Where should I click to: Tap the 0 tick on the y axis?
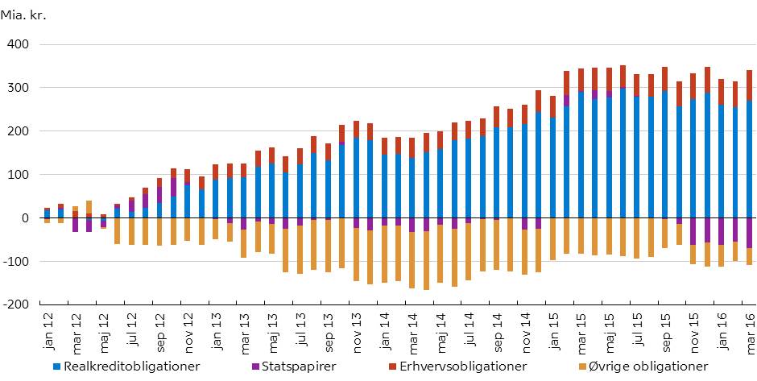point(26,217)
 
